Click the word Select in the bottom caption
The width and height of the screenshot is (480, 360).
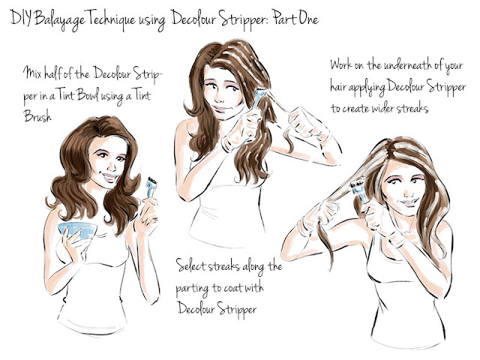tap(193, 266)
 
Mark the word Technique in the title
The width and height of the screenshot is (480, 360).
tap(110, 18)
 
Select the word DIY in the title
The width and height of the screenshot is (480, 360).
tap(19, 17)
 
